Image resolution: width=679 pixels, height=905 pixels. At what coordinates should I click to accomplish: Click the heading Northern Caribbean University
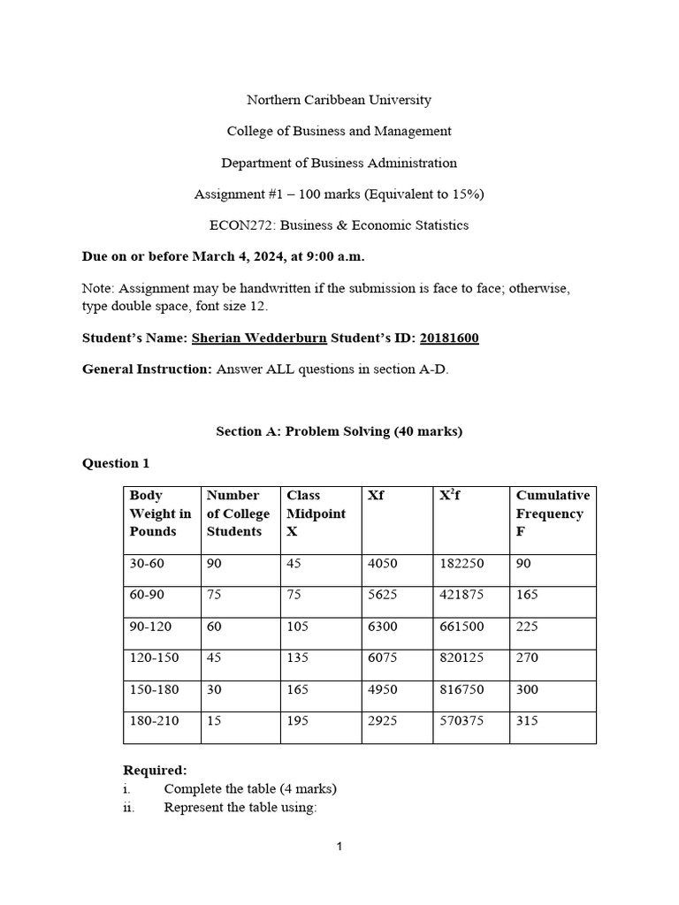tap(339, 100)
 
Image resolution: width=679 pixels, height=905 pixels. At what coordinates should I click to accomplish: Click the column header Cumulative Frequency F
tap(552, 513)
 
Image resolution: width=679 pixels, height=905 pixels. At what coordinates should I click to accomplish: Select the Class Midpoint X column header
tap(316, 513)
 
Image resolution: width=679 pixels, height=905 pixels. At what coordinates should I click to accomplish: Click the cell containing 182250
tap(461, 564)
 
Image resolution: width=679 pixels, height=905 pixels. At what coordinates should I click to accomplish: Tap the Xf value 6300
tap(382, 627)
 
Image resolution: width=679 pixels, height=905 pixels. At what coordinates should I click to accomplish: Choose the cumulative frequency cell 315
tap(527, 721)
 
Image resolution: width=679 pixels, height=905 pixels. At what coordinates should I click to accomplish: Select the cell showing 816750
tap(461, 689)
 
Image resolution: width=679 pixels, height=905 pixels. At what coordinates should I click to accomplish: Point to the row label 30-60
tap(147, 564)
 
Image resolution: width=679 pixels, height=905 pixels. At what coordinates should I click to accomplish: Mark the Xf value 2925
tap(382, 721)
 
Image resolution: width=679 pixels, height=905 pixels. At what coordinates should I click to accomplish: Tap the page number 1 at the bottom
tap(339, 848)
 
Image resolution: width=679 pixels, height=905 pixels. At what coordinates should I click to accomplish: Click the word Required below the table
tap(155, 771)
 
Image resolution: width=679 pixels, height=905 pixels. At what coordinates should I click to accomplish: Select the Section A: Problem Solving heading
tap(339, 431)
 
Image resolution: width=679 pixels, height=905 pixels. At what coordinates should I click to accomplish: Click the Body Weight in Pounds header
tap(159, 513)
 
